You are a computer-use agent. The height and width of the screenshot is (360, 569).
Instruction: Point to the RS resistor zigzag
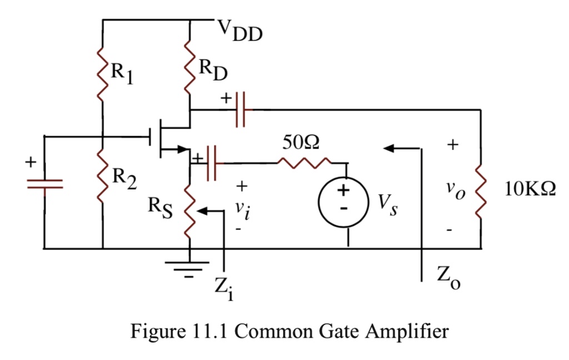pos(190,213)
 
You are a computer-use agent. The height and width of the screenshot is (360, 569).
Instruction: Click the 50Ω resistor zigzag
pos(305,163)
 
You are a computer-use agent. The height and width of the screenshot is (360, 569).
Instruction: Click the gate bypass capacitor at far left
pos(44,184)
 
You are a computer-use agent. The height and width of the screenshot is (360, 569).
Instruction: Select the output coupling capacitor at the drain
pos(241,110)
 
